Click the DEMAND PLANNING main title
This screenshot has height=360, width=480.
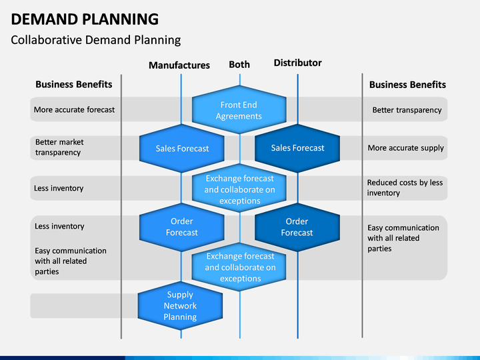[x=85, y=19]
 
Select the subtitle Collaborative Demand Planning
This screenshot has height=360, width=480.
[x=96, y=40]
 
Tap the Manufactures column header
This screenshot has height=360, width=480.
[x=179, y=65]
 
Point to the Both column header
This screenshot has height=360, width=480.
[x=239, y=65]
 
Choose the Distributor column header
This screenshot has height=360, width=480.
[x=297, y=63]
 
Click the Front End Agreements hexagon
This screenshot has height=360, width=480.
[x=239, y=110]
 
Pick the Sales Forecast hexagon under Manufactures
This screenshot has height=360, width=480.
[x=182, y=149]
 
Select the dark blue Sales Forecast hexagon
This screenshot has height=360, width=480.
[x=297, y=148]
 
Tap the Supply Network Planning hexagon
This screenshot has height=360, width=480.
[x=180, y=306]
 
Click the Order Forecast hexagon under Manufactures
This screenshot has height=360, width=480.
[x=182, y=227]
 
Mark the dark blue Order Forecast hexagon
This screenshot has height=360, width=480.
[x=297, y=227]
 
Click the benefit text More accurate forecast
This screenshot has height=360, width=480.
[x=74, y=109]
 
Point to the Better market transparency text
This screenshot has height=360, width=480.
[x=59, y=147]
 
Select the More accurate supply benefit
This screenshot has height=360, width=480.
[x=405, y=148]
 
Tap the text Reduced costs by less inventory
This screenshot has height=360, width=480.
[x=405, y=187]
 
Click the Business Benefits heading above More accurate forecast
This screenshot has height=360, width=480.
[x=74, y=84]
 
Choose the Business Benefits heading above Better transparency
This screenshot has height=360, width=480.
[x=407, y=85]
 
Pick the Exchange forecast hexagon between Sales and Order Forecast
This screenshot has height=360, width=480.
[x=239, y=188]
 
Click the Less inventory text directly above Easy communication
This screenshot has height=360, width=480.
[x=59, y=226]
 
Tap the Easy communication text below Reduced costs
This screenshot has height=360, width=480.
[x=403, y=238]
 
